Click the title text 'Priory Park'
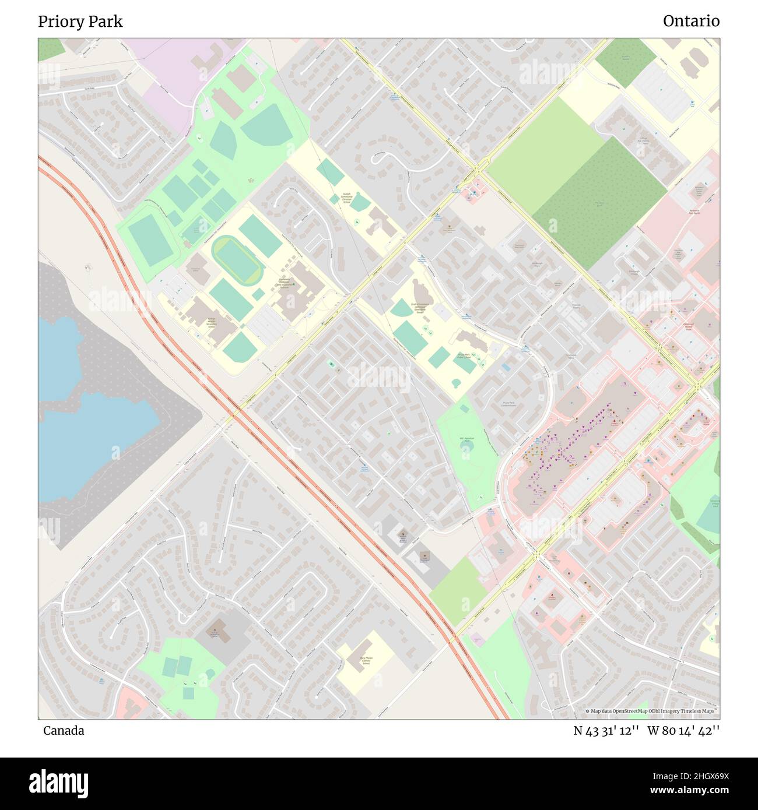(x=80, y=22)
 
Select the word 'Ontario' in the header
(x=691, y=22)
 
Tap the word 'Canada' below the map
(x=64, y=731)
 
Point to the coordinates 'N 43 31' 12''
(x=607, y=731)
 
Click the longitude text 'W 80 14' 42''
(x=683, y=731)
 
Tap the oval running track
(x=238, y=260)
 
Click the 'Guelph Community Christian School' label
(x=346, y=198)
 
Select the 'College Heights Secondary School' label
(x=211, y=321)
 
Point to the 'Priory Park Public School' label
(x=464, y=356)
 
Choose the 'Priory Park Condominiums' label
(x=509, y=404)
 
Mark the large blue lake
(x=87, y=431)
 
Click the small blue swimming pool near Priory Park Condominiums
(x=505, y=368)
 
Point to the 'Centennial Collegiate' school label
(x=284, y=284)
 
